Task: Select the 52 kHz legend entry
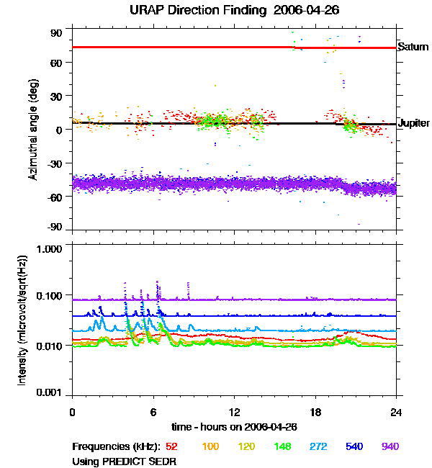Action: click(172, 446)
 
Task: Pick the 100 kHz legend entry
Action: click(210, 446)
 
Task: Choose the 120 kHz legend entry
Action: click(246, 446)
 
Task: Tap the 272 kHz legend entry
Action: click(318, 446)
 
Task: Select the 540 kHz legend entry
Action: click(354, 446)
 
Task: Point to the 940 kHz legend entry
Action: click(390, 446)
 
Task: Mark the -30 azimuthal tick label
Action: click(55, 163)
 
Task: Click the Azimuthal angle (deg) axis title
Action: click(33, 130)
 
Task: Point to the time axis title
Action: click(234, 427)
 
